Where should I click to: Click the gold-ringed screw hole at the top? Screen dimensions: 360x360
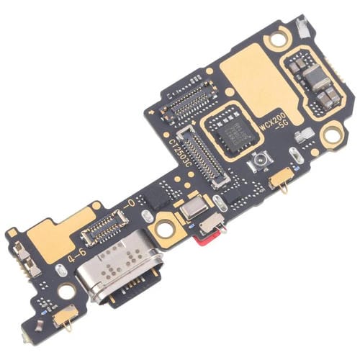[275, 40]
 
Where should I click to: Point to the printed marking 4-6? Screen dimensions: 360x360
[74, 257]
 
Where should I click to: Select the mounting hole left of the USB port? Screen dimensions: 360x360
[66, 290]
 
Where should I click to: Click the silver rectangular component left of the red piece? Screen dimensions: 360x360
[193, 210]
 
